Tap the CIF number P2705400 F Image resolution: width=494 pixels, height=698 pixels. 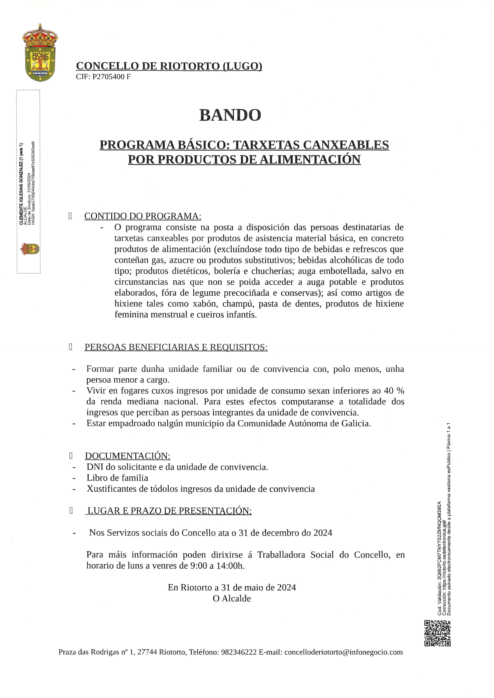click(111, 77)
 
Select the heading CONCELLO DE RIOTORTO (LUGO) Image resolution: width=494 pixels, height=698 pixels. click(169, 66)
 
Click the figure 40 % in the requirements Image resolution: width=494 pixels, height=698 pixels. click(394, 391)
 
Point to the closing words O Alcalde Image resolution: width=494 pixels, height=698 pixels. click(232, 599)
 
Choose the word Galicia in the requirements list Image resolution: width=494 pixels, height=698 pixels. click(356, 424)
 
